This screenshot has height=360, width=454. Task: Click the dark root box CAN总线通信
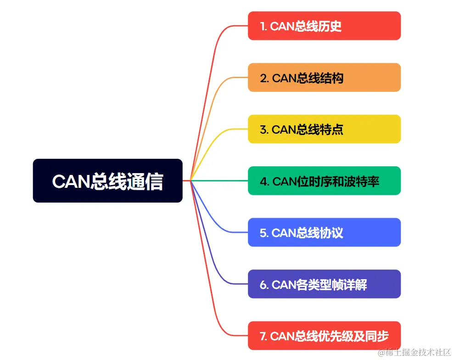[107, 180]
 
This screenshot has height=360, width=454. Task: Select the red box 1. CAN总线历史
[324, 26]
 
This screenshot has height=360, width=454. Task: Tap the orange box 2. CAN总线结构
[324, 78]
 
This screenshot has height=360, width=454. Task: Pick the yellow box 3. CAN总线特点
[324, 129]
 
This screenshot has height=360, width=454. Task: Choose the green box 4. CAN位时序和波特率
[324, 181]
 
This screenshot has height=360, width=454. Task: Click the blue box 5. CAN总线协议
[324, 232]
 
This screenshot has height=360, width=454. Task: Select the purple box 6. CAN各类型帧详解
[324, 284]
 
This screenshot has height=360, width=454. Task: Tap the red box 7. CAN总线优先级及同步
[324, 336]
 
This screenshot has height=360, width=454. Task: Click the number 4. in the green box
[264, 181]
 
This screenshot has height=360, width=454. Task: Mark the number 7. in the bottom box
[263, 336]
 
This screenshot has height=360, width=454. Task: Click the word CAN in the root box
[69, 181]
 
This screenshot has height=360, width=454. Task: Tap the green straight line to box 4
[220, 181]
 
